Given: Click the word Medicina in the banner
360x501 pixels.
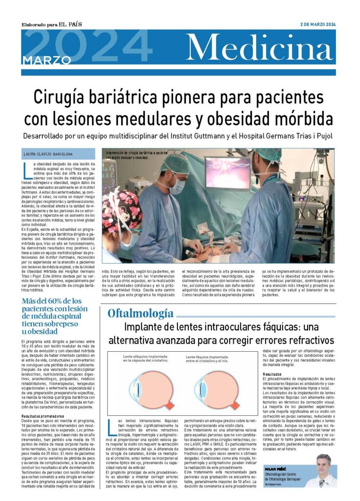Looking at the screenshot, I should pyautogui.click(x=260, y=48).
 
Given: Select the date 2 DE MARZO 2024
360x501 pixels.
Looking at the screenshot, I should pyautogui.click(x=318, y=24).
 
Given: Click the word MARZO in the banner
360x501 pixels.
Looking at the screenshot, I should pyautogui.click(x=46, y=60).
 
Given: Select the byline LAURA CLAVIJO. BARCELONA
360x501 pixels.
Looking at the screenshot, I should pyautogui.click(x=48, y=154).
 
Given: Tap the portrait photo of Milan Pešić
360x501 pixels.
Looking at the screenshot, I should pyautogui.click(x=323, y=471).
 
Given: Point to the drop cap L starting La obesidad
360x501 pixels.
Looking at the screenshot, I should pyautogui.click(x=26, y=169).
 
